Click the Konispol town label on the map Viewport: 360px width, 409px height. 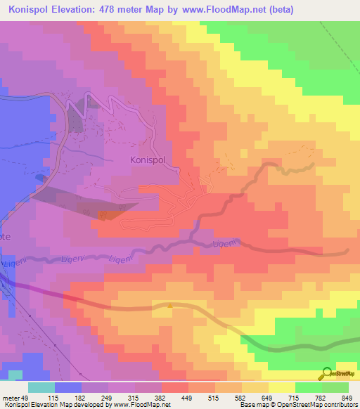(151, 160)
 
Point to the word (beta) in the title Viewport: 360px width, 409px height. (278, 10)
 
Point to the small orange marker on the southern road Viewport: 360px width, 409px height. (170, 305)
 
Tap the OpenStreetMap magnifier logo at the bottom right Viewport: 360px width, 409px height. (328, 372)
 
